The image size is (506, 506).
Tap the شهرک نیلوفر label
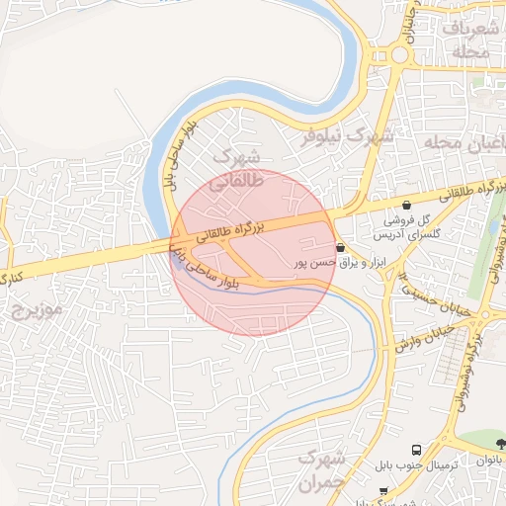tap(348, 134)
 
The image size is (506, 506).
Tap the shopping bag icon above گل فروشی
tap(406, 205)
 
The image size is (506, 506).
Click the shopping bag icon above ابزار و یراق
tap(341, 247)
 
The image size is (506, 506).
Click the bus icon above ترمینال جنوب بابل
tap(416, 449)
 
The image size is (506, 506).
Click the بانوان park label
tap(490, 461)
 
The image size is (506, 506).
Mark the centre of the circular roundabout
tap(400, 54)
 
